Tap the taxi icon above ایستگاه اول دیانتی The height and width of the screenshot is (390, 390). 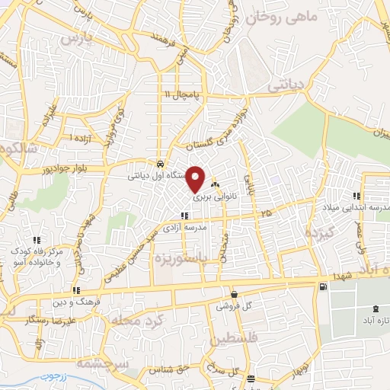(x=158, y=164)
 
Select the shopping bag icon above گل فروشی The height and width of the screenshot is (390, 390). (x=233, y=295)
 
